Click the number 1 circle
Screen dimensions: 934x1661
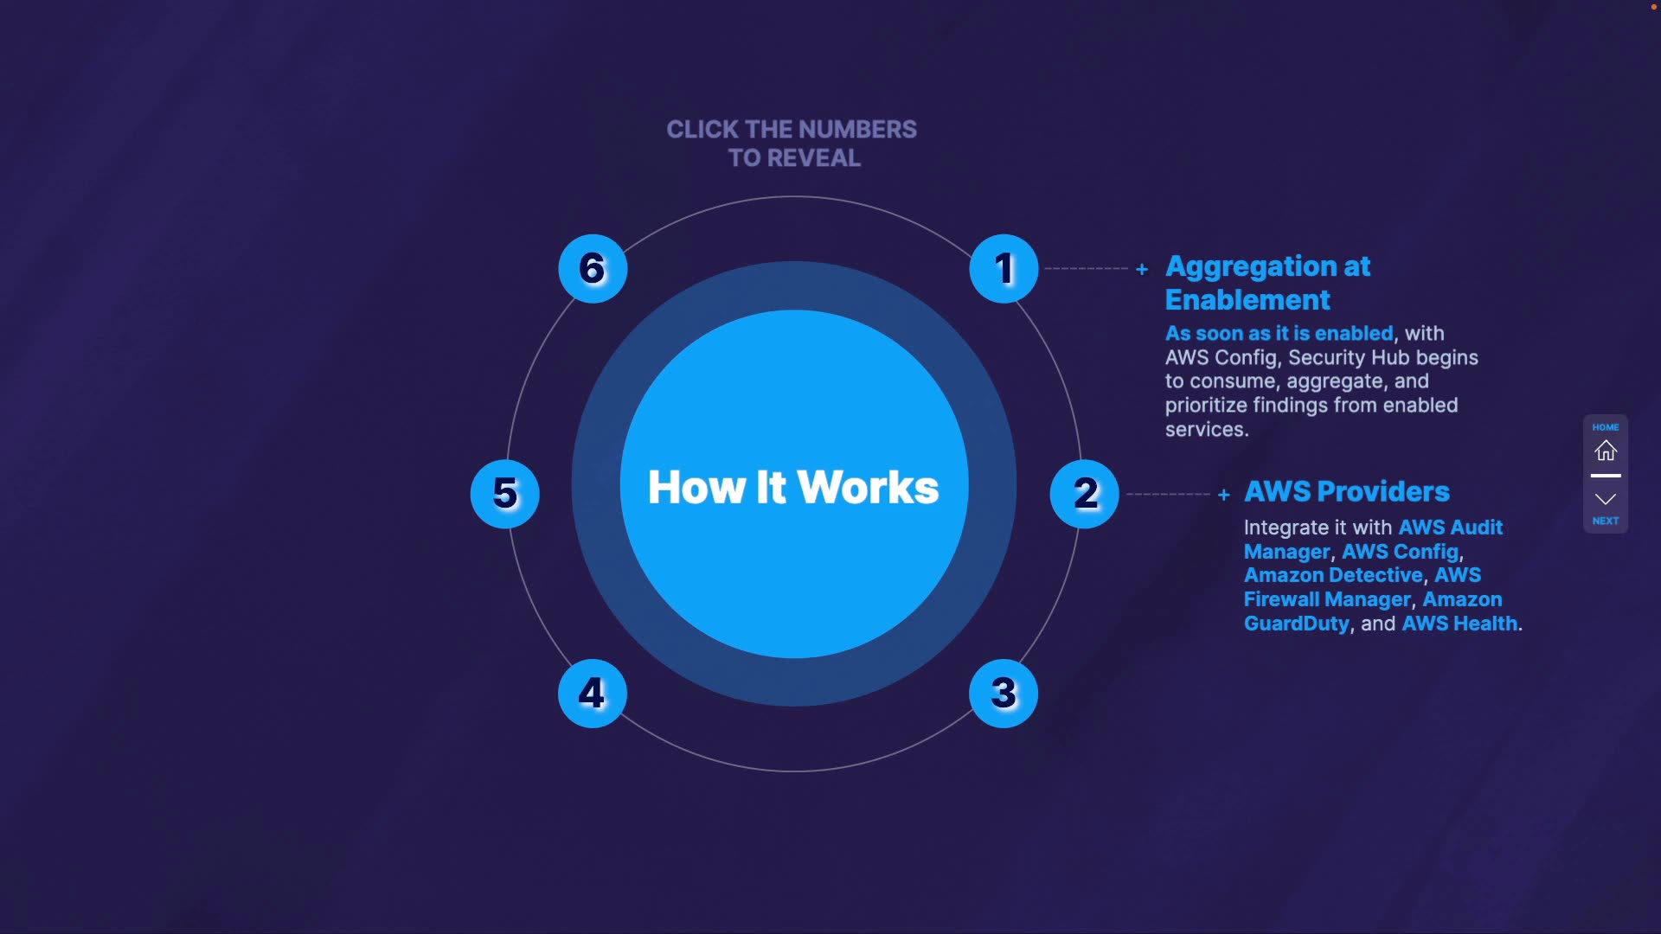(x=1004, y=268)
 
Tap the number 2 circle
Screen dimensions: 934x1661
(x=1084, y=494)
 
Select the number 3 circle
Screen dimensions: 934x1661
(x=1004, y=693)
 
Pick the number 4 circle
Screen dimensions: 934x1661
(x=593, y=693)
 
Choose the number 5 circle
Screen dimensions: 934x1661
(x=505, y=494)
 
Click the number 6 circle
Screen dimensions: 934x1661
(x=593, y=268)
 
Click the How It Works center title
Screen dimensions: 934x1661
(x=793, y=487)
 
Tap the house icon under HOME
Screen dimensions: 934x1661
(x=1606, y=451)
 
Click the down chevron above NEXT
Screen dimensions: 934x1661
(x=1606, y=499)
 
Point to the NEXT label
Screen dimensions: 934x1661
(x=1606, y=521)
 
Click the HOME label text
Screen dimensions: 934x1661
(x=1606, y=427)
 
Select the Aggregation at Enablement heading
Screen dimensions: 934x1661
(x=1267, y=283)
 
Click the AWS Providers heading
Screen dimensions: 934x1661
(x=1346, y=491)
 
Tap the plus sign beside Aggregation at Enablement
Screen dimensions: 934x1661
(x=1142, y=270)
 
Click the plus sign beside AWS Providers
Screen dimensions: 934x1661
(x=1223, y=495)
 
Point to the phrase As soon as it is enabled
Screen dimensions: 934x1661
(x=1279, y=333)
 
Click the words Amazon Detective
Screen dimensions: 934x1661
(x=1333, y=575)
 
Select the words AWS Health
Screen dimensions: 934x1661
(x=1459, y=624)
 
